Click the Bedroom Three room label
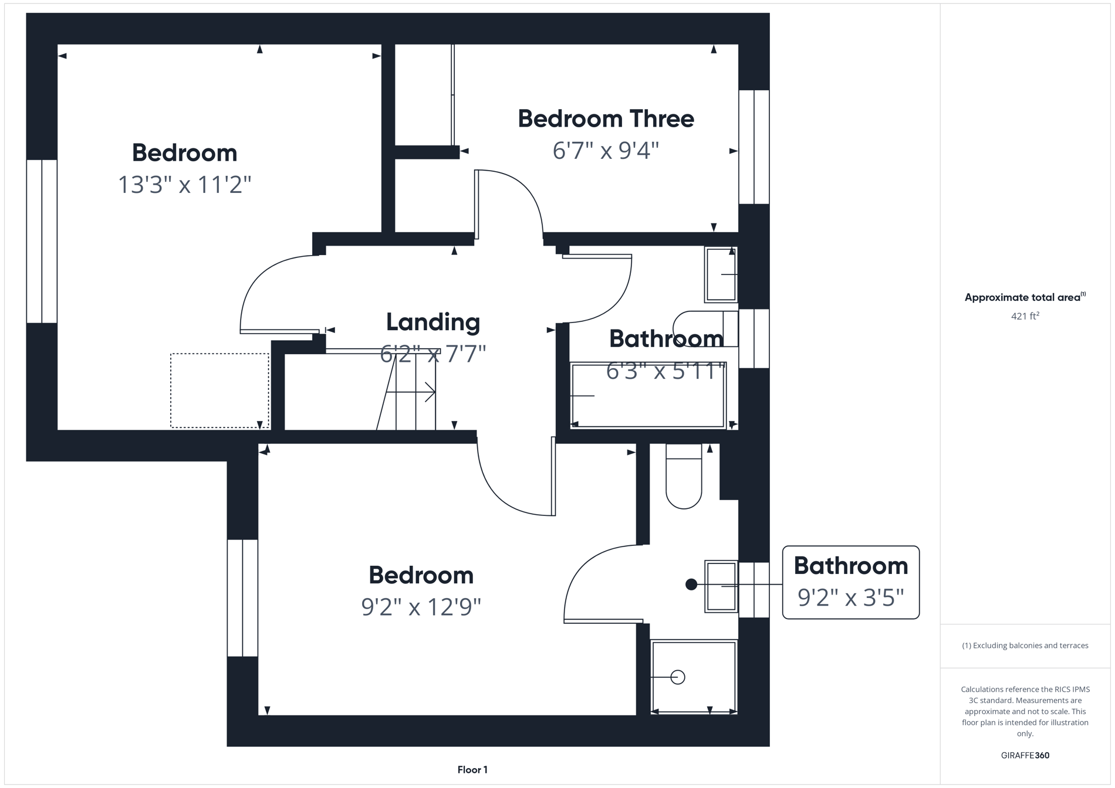tap(606, 119)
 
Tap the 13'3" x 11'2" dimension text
tap(184, 185)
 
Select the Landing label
tap(433, 322)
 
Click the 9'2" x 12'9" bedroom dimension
tap(421, 607)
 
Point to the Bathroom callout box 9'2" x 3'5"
tap(850, 582)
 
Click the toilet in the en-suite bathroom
tap(684, 478)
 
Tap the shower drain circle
tap(678, 677)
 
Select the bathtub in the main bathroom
tap(648, 395)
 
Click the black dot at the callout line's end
tap(691, 585)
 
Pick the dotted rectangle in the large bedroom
tap(219, 390)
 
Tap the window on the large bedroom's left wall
tap(42, 241)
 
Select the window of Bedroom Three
tap(754, 147)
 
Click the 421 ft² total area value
tap(1025, 316)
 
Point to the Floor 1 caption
tap(472, 770)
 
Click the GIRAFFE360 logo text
tap(1025, 755)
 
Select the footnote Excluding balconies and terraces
tap(1025, 646)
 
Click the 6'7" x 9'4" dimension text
tap(606, 151)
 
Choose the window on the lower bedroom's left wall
tap(242, 597)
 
